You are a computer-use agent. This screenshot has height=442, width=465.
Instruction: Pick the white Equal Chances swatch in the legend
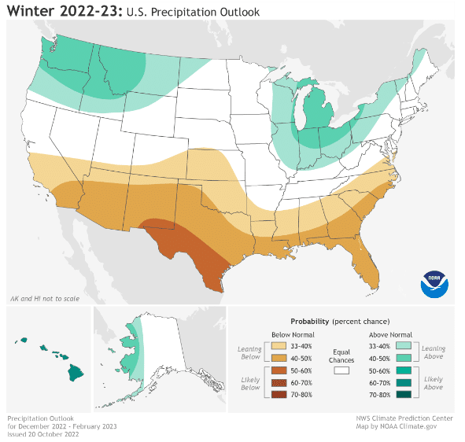tap(341, 369)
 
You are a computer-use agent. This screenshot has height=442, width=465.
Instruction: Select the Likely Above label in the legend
tap(433, 384)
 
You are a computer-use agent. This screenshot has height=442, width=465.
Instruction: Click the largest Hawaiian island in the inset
tap(76, 372)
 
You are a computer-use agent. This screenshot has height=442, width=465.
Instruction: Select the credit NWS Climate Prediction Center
tap(404, 419)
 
